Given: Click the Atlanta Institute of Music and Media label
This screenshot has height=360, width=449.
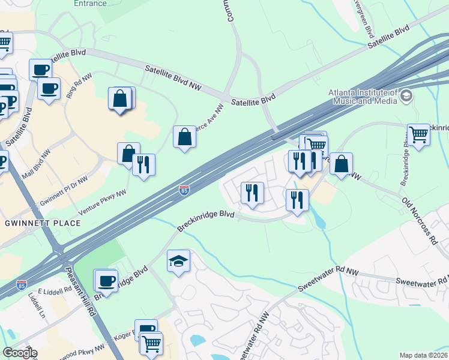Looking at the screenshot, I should [363, 96].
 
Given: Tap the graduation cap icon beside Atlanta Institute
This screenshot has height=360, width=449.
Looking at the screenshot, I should [406, 96].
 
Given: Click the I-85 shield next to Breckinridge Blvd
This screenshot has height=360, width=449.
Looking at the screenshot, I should [185, 190].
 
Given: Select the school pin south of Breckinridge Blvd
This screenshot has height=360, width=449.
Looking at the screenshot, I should [178, 261].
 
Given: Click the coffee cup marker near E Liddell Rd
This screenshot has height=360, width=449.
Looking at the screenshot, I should [107, 280].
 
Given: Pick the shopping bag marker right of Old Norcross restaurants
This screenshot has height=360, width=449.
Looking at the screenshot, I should [341, 164].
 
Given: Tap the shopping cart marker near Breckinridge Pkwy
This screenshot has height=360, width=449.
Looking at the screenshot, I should [418, 134].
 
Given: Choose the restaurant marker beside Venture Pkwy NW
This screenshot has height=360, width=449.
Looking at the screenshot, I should [143, 164].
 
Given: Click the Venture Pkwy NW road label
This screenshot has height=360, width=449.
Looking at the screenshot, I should [104, 203].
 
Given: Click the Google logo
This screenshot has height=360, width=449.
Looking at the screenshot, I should [19, 353].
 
